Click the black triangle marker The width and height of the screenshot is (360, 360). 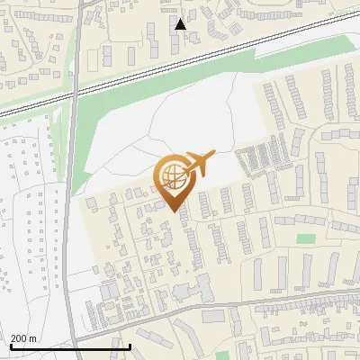(x=181, y=24)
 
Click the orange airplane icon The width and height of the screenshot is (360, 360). (x=199, y=163)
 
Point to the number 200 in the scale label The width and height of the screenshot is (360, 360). (x=19, y=338)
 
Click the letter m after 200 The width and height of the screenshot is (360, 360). (x=32, y=338)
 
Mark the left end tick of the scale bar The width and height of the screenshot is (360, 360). (x=10, y=346)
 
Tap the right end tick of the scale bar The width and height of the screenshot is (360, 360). (x=130, y=346)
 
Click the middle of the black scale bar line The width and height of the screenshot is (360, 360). (x=70, y=347)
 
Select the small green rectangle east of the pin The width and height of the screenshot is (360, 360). (x=307, y=239)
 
